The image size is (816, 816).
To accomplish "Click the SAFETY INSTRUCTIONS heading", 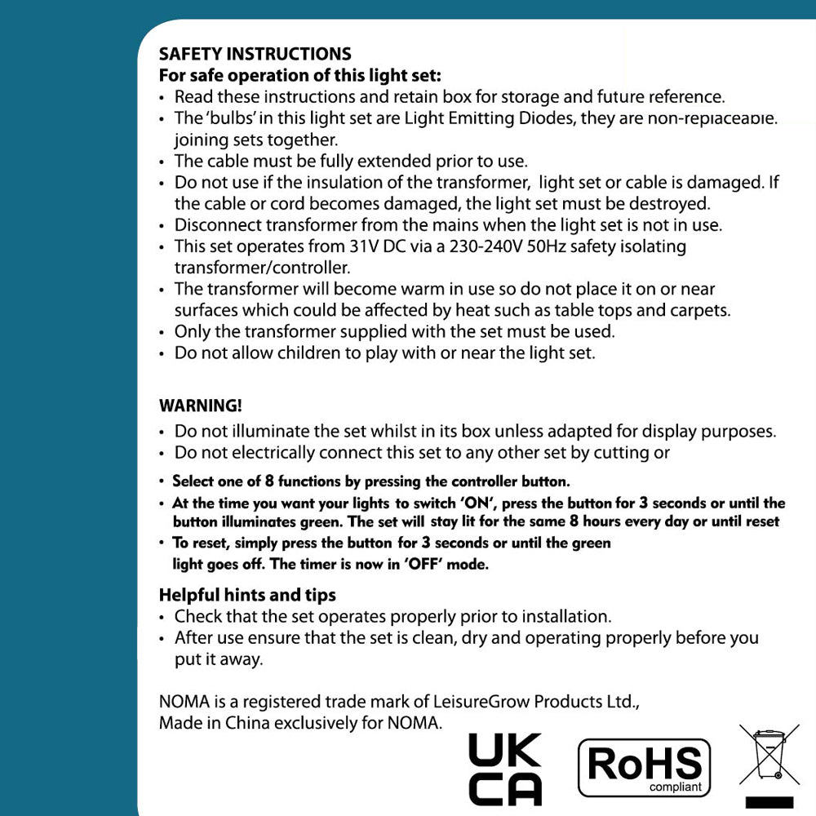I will pos(255,55).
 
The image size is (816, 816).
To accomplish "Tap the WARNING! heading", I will pos(200,406).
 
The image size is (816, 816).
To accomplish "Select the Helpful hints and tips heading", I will pos(247,595).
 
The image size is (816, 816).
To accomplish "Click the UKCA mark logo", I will pos(505,769).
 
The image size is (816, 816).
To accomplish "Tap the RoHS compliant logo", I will pos(644,768).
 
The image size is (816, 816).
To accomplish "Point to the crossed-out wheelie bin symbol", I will pos(768,756).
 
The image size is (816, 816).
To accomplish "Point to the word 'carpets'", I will pos(700,311).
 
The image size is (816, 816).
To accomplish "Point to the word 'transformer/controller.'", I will pos(262,268).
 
